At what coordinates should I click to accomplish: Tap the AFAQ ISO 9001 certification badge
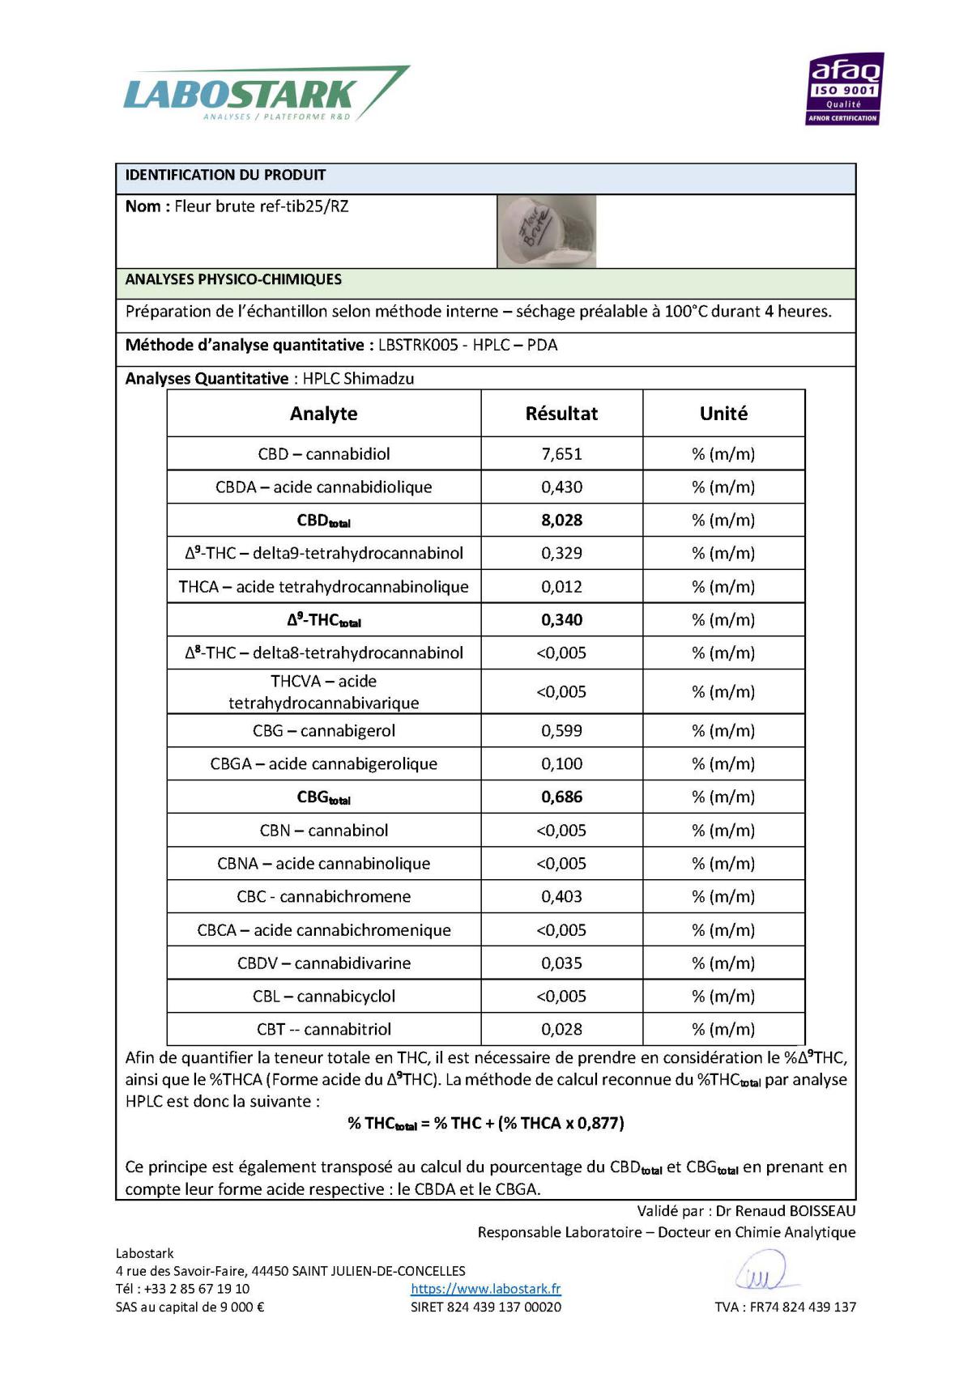[x=844, y=89]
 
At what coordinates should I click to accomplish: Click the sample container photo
[x=547, y=232]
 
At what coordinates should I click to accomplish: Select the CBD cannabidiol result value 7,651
[x=561, y=454]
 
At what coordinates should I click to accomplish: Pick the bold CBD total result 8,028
[x=561, y=521]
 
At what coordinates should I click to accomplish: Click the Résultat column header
[x=561, y=414]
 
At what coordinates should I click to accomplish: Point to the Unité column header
[x=723, y=414]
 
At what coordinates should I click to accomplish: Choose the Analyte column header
[x=323, y=414]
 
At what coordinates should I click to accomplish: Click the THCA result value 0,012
[x=561, y=587]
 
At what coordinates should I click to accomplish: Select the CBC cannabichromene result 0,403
[x=561, y=897]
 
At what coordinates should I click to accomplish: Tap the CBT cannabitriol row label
[x=323, y=1030]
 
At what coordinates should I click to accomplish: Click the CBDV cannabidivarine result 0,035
[x=561, y=963]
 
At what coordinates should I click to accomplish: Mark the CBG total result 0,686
[x=561, y=797]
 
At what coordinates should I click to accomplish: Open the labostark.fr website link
[x=485, y=1289]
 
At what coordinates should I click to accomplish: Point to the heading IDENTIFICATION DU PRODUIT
[x=225, y=175]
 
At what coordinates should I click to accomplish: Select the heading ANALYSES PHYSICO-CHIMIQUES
[x=233, y=280]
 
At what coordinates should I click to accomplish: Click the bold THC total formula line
[x=485, y=1124]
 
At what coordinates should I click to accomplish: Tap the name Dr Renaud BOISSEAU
[x=785, y=1211]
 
